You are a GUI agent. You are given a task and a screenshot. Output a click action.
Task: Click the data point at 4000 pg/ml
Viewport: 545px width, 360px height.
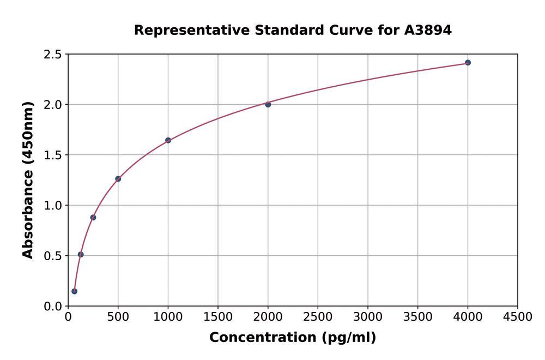[468, 63]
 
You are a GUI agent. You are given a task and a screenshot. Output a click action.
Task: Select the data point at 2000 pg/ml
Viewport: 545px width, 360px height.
[268, 104]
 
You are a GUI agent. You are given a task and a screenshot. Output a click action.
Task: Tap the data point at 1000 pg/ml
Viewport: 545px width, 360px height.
[168, 140]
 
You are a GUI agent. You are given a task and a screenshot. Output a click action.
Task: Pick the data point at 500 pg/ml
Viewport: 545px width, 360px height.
[118, 179]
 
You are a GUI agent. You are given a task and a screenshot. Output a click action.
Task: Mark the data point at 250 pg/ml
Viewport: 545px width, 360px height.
[93, 218]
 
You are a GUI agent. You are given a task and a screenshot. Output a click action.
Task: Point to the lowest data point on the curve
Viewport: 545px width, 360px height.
[74, 291]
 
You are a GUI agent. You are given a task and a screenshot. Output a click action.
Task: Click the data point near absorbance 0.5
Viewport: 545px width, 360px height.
[81, 254]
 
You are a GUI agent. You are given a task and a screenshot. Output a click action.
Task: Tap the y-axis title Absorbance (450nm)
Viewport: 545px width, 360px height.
[28, 180]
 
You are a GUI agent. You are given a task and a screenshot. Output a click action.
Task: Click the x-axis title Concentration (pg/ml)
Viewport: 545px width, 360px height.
[293, 338]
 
